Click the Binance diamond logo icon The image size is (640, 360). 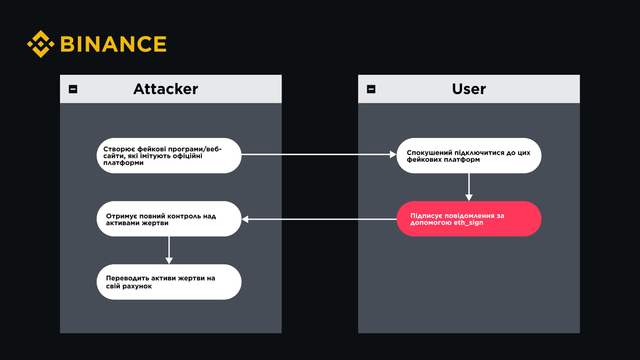pos(40,44)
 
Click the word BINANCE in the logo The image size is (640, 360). pos(114,44)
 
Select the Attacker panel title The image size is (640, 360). pos(166,89)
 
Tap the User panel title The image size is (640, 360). pos(469,89)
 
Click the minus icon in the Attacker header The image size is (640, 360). pos(73,89)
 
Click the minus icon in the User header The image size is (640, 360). pos(371,89)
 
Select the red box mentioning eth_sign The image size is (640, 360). pos(469,219)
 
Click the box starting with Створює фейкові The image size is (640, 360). pos(169,156)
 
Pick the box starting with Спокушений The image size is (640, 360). pos(469,156)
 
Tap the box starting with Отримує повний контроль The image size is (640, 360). pos(169,219)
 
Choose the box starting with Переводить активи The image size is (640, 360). pos(169,282)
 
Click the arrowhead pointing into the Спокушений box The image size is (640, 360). pos(393,154)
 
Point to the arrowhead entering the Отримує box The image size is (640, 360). pos(245,219)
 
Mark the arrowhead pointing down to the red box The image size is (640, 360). pos(469,198)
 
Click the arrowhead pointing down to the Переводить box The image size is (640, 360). pos(169,261)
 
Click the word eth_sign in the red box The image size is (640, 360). pos(468,222)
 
